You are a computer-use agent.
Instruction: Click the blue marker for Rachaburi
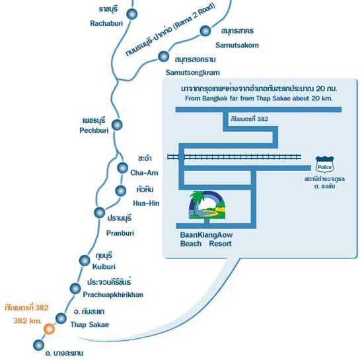(x=132, y=14)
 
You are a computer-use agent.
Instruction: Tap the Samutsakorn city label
(x=237, y=45)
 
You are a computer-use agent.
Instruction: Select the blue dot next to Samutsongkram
(x=163, y=56)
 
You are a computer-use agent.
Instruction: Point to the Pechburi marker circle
(x=117, y=125)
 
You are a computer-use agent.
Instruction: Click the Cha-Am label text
(x=144, y=172)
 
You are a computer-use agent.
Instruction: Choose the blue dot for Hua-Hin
(x=120, y=191)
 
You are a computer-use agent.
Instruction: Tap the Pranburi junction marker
(x=100, y=213)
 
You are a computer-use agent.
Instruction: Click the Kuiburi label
(x=104, y=267)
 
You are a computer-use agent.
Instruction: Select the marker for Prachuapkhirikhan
(x=75, y=289)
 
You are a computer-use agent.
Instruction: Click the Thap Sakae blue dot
(x=61, y=318)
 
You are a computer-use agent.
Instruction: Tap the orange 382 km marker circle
(x=50, y=329)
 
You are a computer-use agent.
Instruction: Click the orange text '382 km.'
(x=27, y=321)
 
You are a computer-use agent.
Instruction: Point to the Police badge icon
(x=325, y=164)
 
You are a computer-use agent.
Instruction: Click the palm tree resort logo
(x=207, y=205)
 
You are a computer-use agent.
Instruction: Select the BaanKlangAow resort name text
(x=206, y=239)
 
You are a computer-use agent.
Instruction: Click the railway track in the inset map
(x=235, y=157)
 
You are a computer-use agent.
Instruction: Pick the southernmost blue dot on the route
(x=38, y=345)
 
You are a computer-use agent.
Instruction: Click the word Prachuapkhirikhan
(x=113, y=295)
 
